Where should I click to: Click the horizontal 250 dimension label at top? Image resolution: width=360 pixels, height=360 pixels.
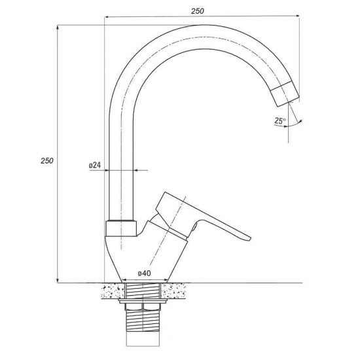198,11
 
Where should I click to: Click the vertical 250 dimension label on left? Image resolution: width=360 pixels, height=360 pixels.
47,161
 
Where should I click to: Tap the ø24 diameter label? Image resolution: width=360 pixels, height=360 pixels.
95,165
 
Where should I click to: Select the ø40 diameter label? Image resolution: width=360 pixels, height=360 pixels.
145,273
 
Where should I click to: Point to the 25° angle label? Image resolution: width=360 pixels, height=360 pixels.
280,120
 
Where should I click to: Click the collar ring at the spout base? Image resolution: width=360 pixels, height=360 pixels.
121,228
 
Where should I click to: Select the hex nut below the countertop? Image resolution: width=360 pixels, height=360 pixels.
143,307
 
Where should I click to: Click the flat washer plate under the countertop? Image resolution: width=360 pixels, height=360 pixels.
143,301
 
